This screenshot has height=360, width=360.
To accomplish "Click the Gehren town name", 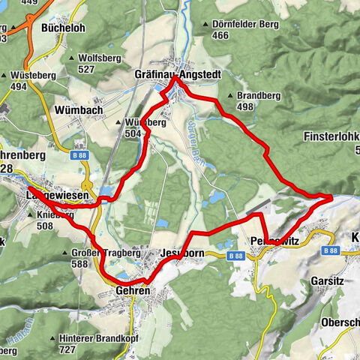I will pos(133,289).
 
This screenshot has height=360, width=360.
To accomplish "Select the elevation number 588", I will pos(91,263).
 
